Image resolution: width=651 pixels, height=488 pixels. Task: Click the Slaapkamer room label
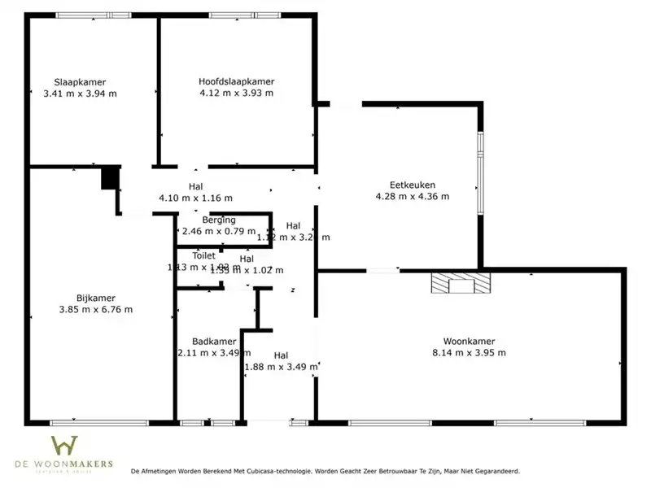[x=80, y=81]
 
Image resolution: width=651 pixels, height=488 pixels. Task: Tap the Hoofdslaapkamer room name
[x=236, y=81]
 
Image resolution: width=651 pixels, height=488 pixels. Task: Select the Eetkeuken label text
[x=412, y=184]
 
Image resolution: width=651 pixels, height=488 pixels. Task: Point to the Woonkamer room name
[x=470, y=342]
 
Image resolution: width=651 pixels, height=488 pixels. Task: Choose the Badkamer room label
[x=214, y=342]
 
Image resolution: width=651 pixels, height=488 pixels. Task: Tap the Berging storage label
[x=219, y=220]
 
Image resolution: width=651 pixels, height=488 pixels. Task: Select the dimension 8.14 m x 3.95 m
[x=470, y=353]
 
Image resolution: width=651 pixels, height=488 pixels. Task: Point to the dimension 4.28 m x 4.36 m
[x=412, y=196]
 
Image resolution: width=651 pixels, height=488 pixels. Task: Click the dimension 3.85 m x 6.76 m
[x=96, y=309]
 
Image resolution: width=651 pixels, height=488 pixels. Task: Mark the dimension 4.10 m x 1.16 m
[x=195, y=198]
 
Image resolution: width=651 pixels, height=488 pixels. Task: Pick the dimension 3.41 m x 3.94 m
[x=80, y=93]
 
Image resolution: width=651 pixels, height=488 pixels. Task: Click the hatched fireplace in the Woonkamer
[x=461, y=282]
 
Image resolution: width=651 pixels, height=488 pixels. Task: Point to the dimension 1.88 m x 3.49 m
[x=281, y=367]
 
